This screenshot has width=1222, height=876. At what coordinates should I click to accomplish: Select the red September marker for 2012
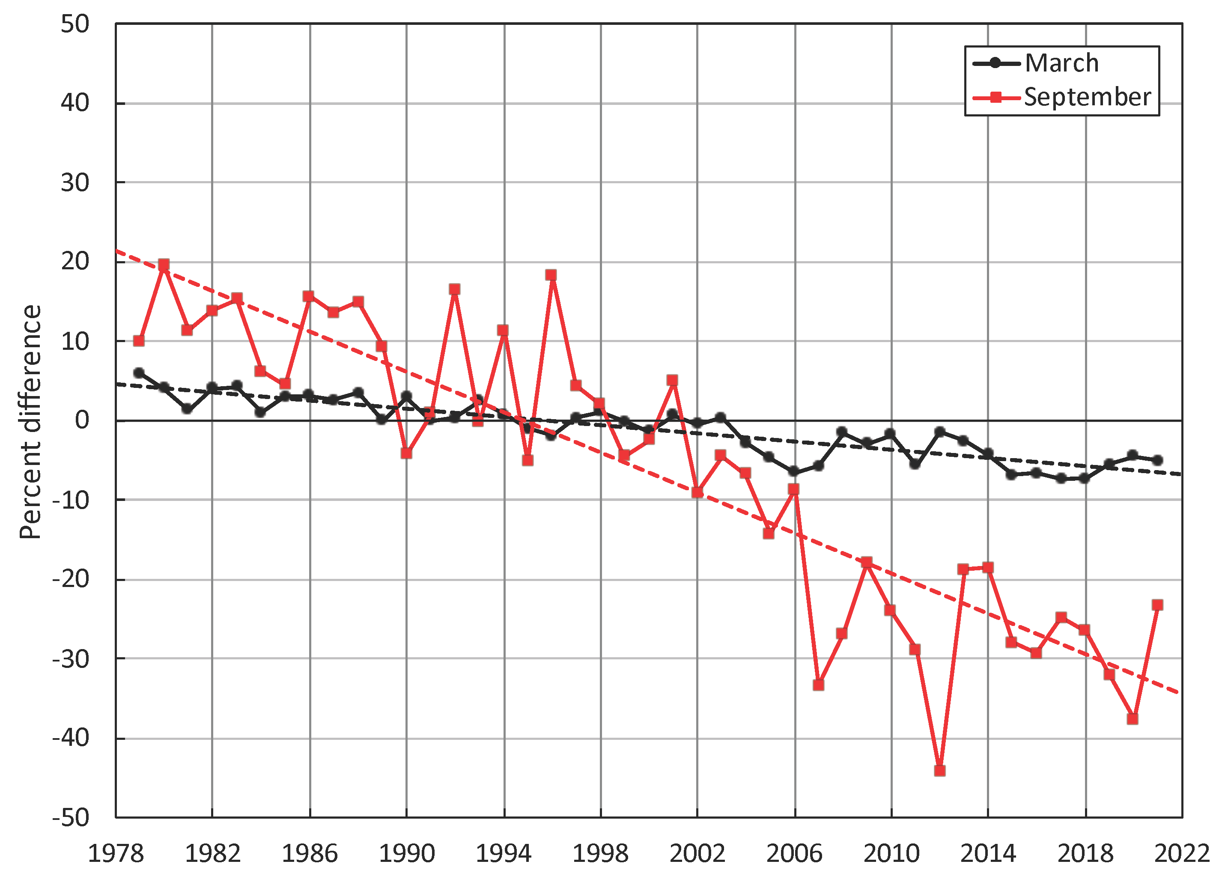point(940,770)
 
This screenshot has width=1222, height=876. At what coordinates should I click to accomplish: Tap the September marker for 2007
point(818,685)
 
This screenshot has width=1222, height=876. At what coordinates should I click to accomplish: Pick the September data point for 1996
point(551,275)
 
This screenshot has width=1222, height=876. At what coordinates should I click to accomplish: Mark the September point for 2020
point(1133,719)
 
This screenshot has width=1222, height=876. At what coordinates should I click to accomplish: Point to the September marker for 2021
point(1157,605)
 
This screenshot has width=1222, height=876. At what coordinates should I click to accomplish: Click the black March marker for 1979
point(139,373)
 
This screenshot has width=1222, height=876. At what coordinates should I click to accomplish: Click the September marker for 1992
point(455,289)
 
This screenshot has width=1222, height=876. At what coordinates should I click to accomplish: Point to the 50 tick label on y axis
point(75,24)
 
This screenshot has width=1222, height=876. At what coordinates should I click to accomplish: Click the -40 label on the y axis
point(71,738)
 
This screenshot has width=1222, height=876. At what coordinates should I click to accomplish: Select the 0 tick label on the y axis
point(82,420)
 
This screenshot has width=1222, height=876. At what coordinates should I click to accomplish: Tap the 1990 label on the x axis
point(407,853)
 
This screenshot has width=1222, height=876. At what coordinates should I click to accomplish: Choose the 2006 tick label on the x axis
point(794,853)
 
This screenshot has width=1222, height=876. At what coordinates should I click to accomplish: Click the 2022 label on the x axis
point(1182,853)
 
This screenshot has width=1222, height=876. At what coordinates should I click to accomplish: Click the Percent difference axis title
point(31,421)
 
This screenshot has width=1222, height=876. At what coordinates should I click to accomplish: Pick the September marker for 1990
point(406,453)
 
